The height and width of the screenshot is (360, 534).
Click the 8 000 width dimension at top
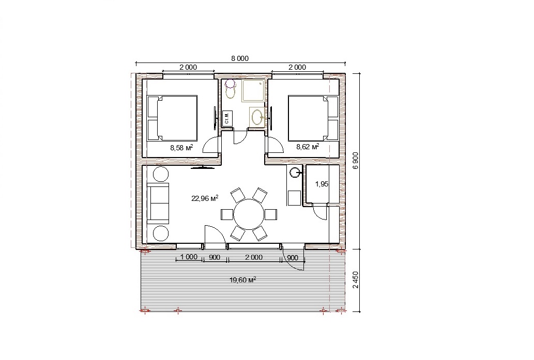(x=240, y=58)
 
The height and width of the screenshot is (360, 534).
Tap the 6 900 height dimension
(x=356, y=161)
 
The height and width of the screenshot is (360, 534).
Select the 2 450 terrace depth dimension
(x=356, y=280)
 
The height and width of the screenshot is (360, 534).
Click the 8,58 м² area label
(x=181, y=147)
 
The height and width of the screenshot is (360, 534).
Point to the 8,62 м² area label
(x=308, y=147)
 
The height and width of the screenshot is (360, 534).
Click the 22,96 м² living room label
(x=205, y=198)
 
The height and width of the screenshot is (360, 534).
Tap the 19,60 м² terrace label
(x=243, y=280)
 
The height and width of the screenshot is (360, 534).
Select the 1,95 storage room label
(x=322, y=184)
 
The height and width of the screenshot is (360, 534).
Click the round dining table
(x=249, y=214)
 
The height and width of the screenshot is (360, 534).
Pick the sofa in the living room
(x=158, y=203)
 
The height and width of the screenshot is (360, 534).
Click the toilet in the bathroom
(x=231, y=89)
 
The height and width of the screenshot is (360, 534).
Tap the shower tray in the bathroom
(x=253, y=90)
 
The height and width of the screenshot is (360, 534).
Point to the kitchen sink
(x=295, y=173)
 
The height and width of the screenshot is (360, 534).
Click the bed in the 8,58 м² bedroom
(x=172, y=118)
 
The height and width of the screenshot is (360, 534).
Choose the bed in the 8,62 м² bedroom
(x=313, y=118)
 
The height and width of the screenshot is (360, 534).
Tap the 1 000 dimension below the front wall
(x=189, y=257)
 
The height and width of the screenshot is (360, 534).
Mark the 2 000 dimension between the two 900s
(x=254, y=257)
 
